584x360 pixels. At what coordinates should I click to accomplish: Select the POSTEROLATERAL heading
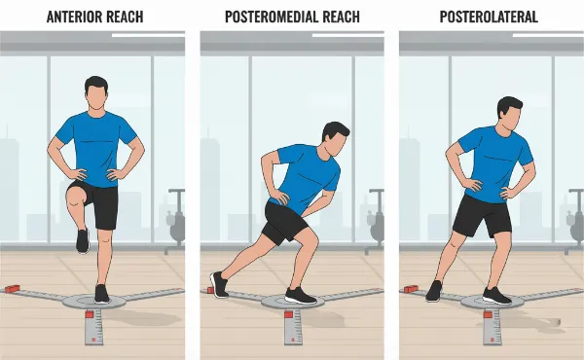pyautogui.click(x=489, y=17)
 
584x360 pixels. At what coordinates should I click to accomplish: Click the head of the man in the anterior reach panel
pyautogui.click(x=96, y=93)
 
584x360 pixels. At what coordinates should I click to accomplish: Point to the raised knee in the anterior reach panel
pyautogui.click(x=75, y=197)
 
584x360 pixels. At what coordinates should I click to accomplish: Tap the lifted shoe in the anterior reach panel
pyautogui.click(x=83, y=240)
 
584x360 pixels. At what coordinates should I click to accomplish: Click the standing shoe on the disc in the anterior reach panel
pyautogui.click(x=101, y=294)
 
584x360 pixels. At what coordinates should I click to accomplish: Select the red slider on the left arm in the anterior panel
pyautogui.click(x=12, y=289)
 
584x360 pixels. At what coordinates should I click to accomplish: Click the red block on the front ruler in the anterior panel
pyautogui.click(x=90, y=314)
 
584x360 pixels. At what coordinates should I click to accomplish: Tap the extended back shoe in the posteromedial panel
pyautogui.click(x=219, y=285)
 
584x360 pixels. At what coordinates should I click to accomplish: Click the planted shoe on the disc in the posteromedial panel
pyautogui.click(x=301, y=295)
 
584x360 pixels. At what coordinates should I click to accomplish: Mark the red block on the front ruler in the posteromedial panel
pyautogui.click(x=289, y=314)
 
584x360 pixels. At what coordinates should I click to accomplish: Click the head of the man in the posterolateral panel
pyautogui.click(x=509, y=113)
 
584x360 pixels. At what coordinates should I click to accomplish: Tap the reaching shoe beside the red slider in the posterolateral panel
pyautogui.click(x=434, y=291)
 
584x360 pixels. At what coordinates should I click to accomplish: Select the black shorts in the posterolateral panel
pyautogui.click(x=483, y=216)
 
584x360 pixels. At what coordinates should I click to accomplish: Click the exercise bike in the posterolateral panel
pyautogui.click(x=574, y=222)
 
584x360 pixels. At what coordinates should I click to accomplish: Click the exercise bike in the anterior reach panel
pyautogui.click(x=175, y=222)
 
